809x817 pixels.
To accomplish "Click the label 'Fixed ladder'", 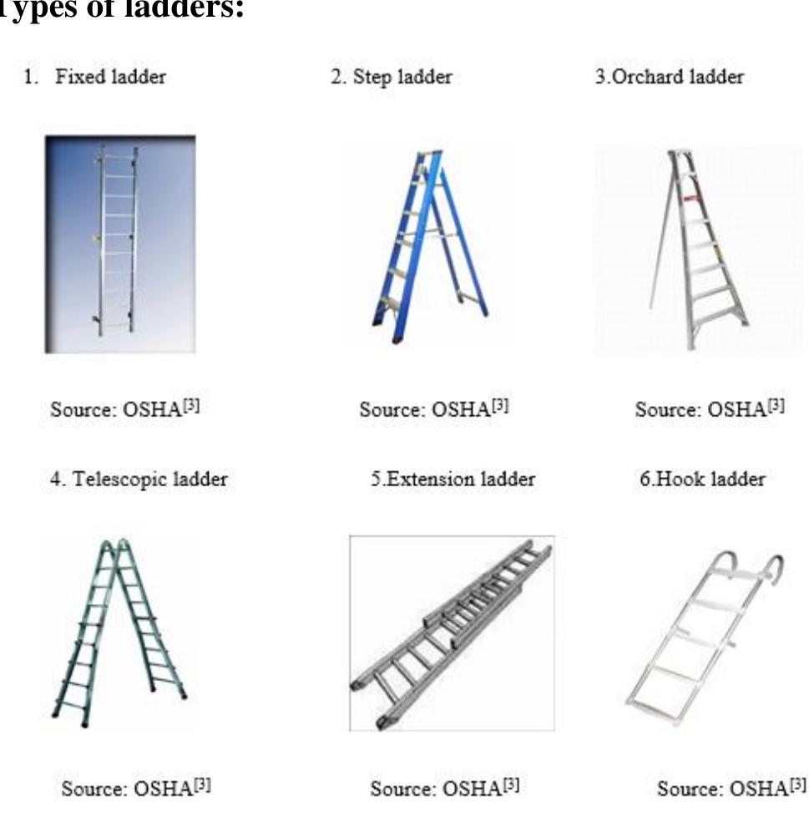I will pos(109,78).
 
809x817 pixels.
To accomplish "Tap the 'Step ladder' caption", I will pos(392,78).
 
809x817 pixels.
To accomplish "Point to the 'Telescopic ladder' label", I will pos(139,480).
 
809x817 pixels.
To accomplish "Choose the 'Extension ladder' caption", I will pos(453,480).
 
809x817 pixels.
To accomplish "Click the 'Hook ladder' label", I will pos(702,480).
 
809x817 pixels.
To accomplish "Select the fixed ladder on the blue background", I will pos(118,242).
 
